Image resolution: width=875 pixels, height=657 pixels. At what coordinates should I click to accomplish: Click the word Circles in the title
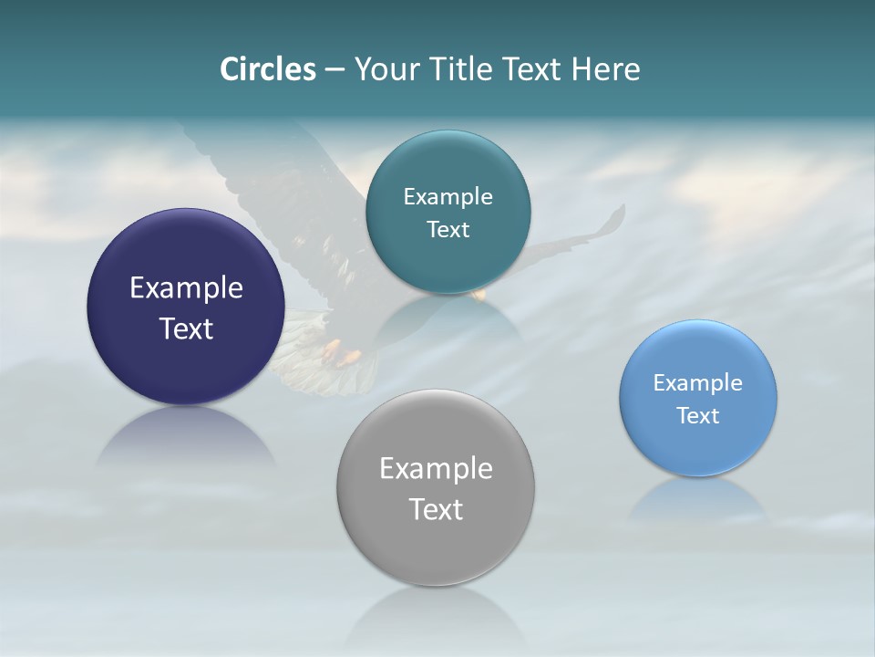click(267, 69)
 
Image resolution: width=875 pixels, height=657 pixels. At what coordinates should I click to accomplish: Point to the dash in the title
click(335, 70)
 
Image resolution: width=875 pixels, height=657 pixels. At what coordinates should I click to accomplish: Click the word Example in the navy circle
click(186, 288)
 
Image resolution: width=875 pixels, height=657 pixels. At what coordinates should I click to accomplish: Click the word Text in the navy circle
click(186, 328)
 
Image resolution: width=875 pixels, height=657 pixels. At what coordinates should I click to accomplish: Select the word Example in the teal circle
click(448, 197)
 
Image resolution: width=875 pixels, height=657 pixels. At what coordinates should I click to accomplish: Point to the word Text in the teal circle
click(448, 229)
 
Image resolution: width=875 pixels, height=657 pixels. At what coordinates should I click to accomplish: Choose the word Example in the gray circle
click(436, 469)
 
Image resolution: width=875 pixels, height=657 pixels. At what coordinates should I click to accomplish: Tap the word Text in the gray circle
click(436, 509)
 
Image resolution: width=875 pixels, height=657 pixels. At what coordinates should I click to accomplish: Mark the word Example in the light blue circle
click(697, 383)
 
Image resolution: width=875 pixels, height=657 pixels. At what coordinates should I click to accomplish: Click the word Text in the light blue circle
click(697, 416)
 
